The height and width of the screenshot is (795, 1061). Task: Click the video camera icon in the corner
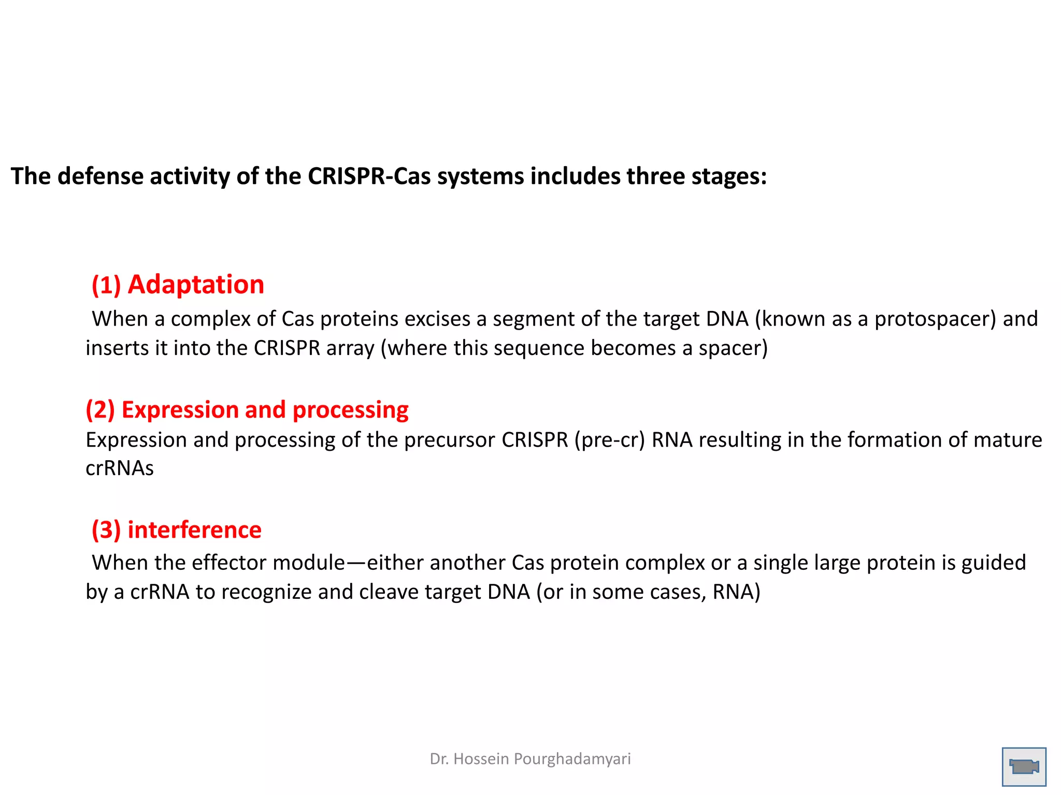pyautogui.click(x=1024, y=766)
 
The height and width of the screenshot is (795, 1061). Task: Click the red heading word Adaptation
pyautogui.click(x=196, y=285)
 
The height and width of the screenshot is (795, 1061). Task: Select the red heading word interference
pyautogui.click(x=194, y=529)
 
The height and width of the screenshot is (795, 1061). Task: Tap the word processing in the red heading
pyautogui.click(x=350, y=410)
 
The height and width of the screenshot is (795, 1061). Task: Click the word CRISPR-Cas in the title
pyautogui.click(x=369, y=176)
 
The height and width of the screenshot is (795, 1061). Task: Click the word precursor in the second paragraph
pyautogui.click(x=450, y=440)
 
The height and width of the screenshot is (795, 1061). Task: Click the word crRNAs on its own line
pyautogui.click(x=120, y=468)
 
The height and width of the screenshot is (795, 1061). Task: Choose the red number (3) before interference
pyautogui.click(x=106, y=530)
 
